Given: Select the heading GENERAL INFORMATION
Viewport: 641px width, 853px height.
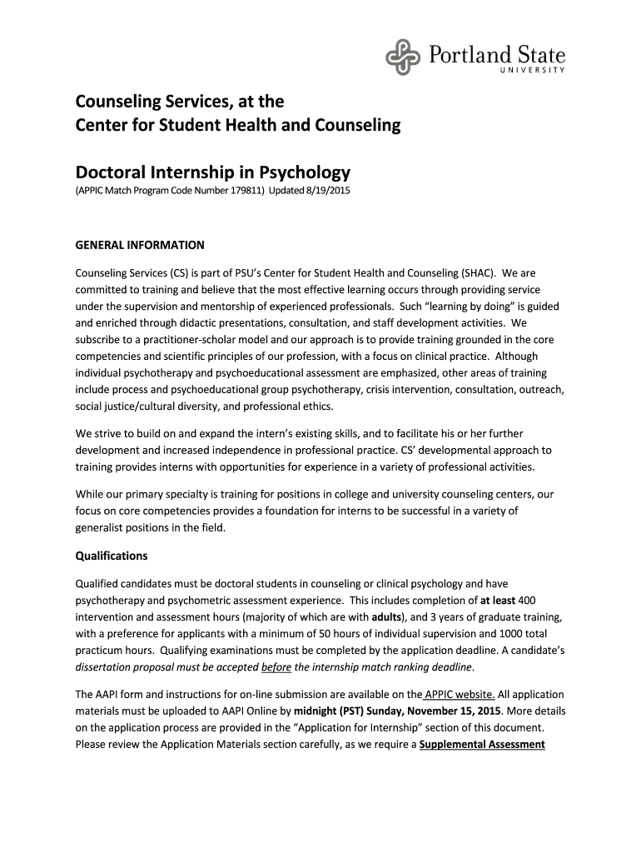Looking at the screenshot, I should (140, 246).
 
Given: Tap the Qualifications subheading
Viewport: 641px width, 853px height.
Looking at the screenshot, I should (112, 556).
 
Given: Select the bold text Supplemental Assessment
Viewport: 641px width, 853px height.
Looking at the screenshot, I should (482, 745).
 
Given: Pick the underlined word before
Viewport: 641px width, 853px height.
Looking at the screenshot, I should (276, 667).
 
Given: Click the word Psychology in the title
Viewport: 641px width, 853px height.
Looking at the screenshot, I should (298, 173).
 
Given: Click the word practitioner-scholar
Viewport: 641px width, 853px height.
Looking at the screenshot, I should (184, 340).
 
